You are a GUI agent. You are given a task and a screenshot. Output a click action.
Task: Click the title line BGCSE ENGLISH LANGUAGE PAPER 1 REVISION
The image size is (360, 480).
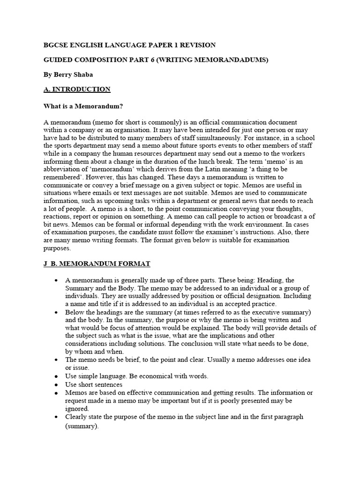click(x=129, y=45)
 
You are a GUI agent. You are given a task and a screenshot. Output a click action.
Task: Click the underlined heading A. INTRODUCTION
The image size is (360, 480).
click(x=77, y=89)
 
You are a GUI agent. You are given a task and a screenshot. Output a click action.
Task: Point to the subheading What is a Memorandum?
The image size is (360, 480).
click(x=83, y=106)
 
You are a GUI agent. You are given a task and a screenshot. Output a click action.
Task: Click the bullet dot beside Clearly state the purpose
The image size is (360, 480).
click(x=56, y=417)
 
